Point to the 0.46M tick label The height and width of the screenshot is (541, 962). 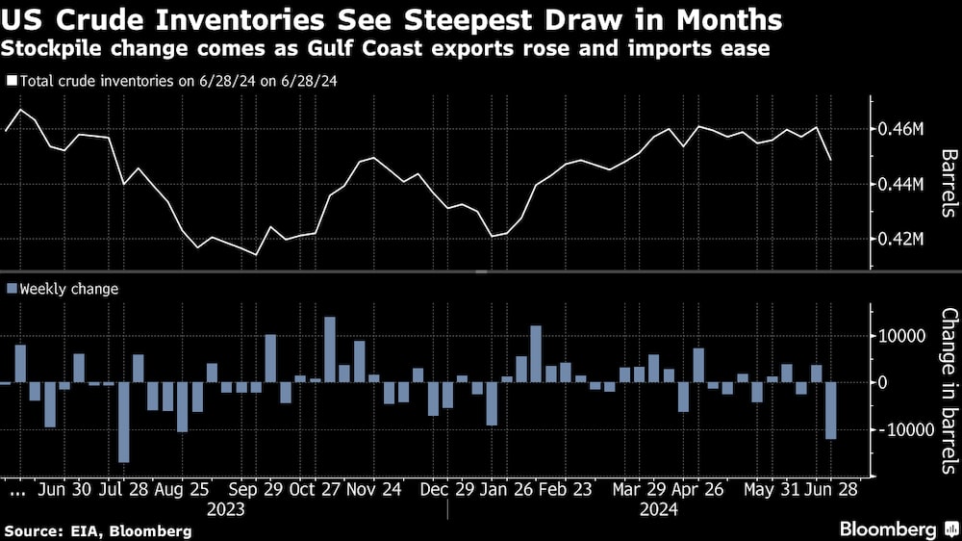(x=902, y=128)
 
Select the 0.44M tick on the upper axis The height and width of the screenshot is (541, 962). (x=902, y=183)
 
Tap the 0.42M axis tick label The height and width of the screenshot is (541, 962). (x=902, y=239)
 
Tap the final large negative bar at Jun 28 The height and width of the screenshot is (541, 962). (x=830, y=410)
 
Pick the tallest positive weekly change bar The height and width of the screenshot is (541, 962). (x=329, y=348)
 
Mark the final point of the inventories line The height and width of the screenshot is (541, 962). (x=830, y=160)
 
